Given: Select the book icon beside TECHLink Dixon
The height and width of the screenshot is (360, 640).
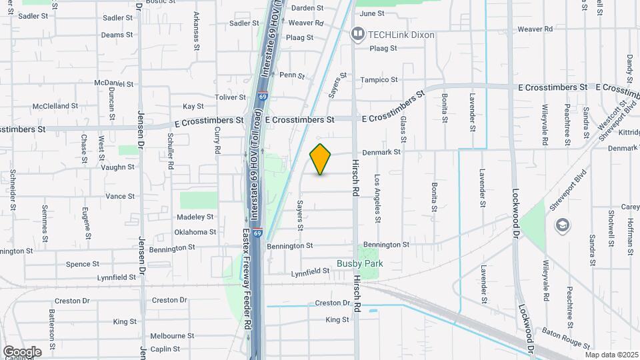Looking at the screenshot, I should pyautogui.click(x=359, y=33).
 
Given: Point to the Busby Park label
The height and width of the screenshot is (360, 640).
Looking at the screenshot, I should pyautogui.click(x=359, y=264).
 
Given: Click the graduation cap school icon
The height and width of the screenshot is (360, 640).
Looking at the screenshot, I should pyautogui.click(x=562, y=225).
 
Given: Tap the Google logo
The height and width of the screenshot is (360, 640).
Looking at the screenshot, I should pyautogui.click(x=21, y=351).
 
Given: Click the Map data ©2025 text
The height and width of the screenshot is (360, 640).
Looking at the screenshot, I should pyautogui.click(x=611, y=355).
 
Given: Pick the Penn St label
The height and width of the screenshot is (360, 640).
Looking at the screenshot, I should pyautogui.click(x=291, y=75).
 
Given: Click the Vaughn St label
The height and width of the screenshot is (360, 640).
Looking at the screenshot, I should pyautogui.click(x=117, y=167).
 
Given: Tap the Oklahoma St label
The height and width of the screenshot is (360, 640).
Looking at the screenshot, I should pyautogui.click(x=195, y=232).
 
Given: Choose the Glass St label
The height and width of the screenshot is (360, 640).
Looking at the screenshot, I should pyautogui.click(x=403, y=129).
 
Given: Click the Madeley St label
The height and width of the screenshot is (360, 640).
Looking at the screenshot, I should pyautogui.click(x=195, y=217).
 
